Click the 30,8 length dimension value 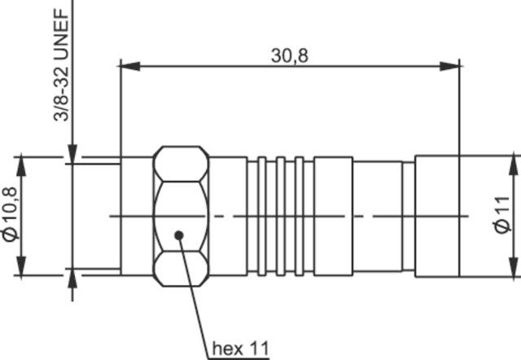pyautogui.click(x=291, y=55)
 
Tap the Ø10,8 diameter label pyautogui.click(x=11, y=214)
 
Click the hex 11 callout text pyautogui.click(x=239, y=349)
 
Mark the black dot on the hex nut pyautogui.click(x=179, y=236)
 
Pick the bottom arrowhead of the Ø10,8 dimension pyautogui.click(x=23, y=269)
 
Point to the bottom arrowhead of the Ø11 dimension pyautogui.click(x=514, y=270)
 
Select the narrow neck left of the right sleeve pyautogui.click(x=407, y=215)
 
